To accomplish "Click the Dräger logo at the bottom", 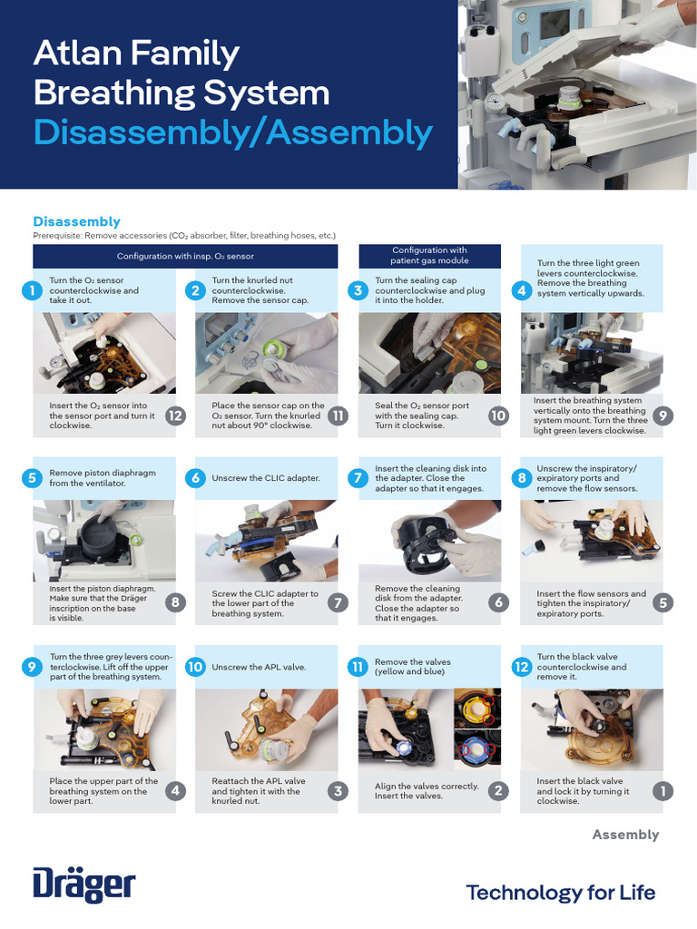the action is click(x=84, y=885).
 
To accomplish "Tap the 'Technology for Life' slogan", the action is click(x=561, y=893).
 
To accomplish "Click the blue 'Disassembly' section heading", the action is click(x=76, y=221).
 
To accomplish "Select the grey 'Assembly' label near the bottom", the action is click(x=625, y=835).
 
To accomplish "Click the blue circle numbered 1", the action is click(x=32, y=290).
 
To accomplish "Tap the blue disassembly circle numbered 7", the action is click(x=358, y=478).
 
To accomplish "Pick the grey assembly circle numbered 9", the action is click(x=663, y=416).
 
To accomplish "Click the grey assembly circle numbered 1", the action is click(x=663, y=790).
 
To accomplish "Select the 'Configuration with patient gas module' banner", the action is click(x=429, y=256).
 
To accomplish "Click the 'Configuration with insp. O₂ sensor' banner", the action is click(x=185, y=256).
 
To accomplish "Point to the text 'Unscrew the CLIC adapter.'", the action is click(x=266, y=478).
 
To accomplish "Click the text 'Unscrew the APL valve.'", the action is click(x=259, y=667).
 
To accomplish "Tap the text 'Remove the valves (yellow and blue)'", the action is click(x=413, y=667).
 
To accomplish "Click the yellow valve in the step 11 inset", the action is click(x=476, y=708).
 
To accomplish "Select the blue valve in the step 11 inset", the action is click(x=476, y=749).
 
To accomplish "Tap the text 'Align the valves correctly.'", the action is click(x=427, y=787).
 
